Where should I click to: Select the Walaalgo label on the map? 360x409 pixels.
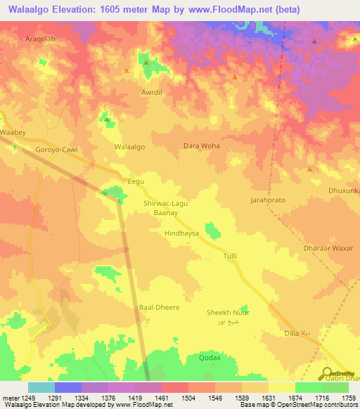129,147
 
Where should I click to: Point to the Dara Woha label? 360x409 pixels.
202,145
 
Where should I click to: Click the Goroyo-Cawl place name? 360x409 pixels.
56,150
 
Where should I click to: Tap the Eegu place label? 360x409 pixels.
135,181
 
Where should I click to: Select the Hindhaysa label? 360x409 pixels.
181,233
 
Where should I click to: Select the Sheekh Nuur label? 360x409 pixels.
228,312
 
